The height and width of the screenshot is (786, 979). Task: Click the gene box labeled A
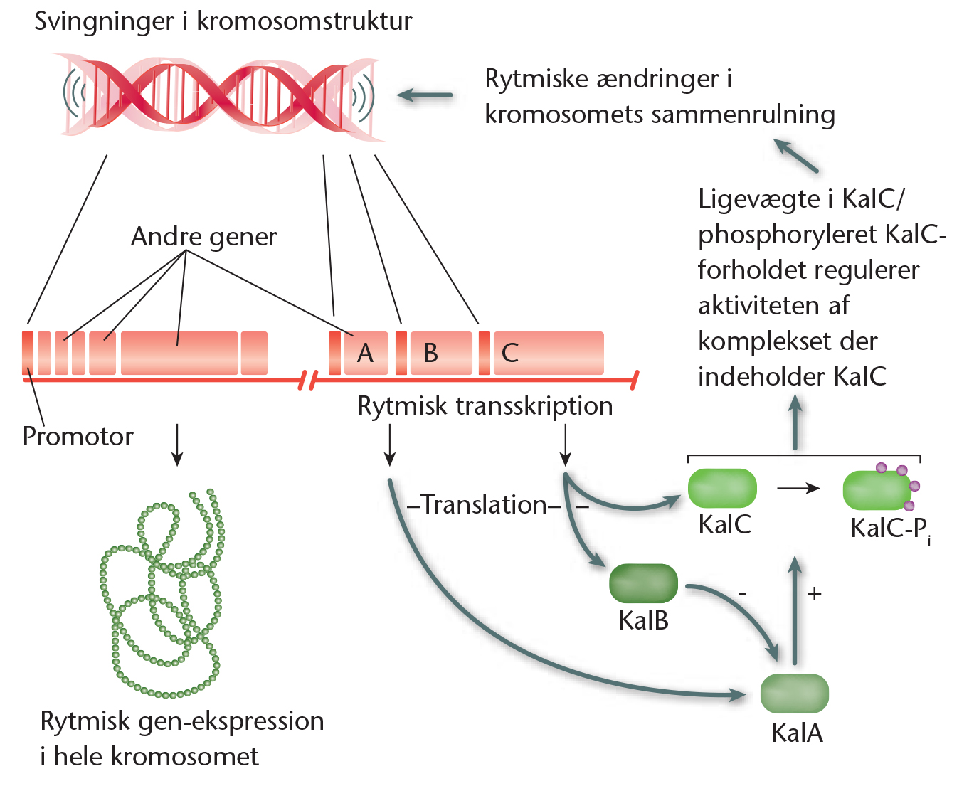366,353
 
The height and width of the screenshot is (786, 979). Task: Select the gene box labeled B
441,353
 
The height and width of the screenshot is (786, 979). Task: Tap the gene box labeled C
549,353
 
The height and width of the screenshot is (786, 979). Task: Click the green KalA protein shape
794,694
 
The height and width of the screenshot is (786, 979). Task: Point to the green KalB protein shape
642,583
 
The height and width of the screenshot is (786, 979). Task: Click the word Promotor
78,437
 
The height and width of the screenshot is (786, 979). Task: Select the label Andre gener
203,238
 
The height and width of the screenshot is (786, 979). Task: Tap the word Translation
485,505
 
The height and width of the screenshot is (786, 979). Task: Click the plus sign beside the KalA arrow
814,594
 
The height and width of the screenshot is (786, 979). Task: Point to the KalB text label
643,620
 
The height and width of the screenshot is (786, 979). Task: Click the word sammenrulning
743,115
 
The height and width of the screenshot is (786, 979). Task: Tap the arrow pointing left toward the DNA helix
424,95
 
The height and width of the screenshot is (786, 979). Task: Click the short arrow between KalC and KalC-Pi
798,489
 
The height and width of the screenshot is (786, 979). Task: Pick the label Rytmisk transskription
485,405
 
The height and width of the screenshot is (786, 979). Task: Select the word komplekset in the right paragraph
788,342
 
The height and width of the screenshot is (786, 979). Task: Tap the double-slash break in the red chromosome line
307,381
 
